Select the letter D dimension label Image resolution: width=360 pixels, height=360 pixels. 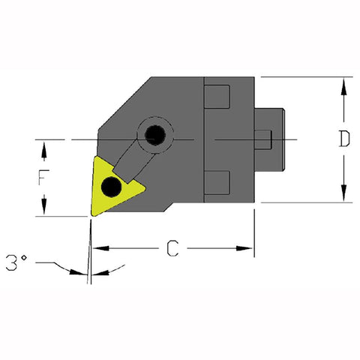tap(343, 139)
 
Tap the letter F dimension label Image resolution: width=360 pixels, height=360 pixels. tap(46, 178)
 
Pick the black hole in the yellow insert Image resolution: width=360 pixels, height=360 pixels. tap(112, 185)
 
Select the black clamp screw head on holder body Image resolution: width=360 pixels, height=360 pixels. tap(156, 136)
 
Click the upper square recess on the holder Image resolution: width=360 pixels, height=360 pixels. tap(217, 97)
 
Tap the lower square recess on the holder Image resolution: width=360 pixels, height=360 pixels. tap(217, 181)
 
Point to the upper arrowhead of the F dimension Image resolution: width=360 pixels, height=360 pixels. tap(46, 148)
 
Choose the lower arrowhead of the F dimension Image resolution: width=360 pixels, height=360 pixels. tap(46, 209)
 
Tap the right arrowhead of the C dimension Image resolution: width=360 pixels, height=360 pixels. tap(249, 248)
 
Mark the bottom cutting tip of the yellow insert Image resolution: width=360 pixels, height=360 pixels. tap(91, 214)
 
